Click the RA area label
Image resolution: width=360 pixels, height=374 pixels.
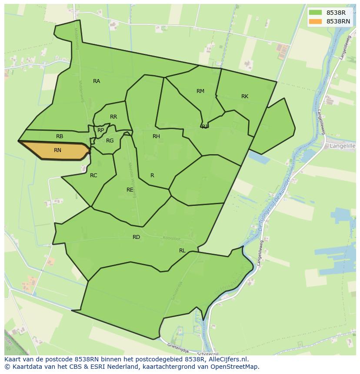pos(97,81)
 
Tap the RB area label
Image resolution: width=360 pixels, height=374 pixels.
pos(60,136)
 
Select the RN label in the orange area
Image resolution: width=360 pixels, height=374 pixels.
pos(57,150)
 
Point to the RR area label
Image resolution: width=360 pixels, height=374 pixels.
pos(113,117)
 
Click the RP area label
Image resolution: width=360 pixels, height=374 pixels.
pos(101,130)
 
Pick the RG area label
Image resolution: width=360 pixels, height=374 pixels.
pos(110,141)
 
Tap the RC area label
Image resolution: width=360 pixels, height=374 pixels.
pos(93,175)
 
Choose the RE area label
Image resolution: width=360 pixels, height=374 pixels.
pos(130,190)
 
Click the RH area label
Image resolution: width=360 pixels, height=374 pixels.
pos(156,136)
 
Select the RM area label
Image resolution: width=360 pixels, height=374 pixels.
pos(200,91)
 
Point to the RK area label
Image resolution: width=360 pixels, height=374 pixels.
pos(245,96)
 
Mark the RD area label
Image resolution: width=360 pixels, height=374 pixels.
pos(137,237)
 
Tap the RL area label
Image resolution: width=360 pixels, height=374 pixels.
pos(182,251)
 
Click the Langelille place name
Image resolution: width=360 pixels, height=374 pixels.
pos(343,146)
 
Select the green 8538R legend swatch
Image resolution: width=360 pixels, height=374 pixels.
pos(316,13)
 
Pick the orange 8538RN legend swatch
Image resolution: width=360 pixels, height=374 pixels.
pos(316,21)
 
